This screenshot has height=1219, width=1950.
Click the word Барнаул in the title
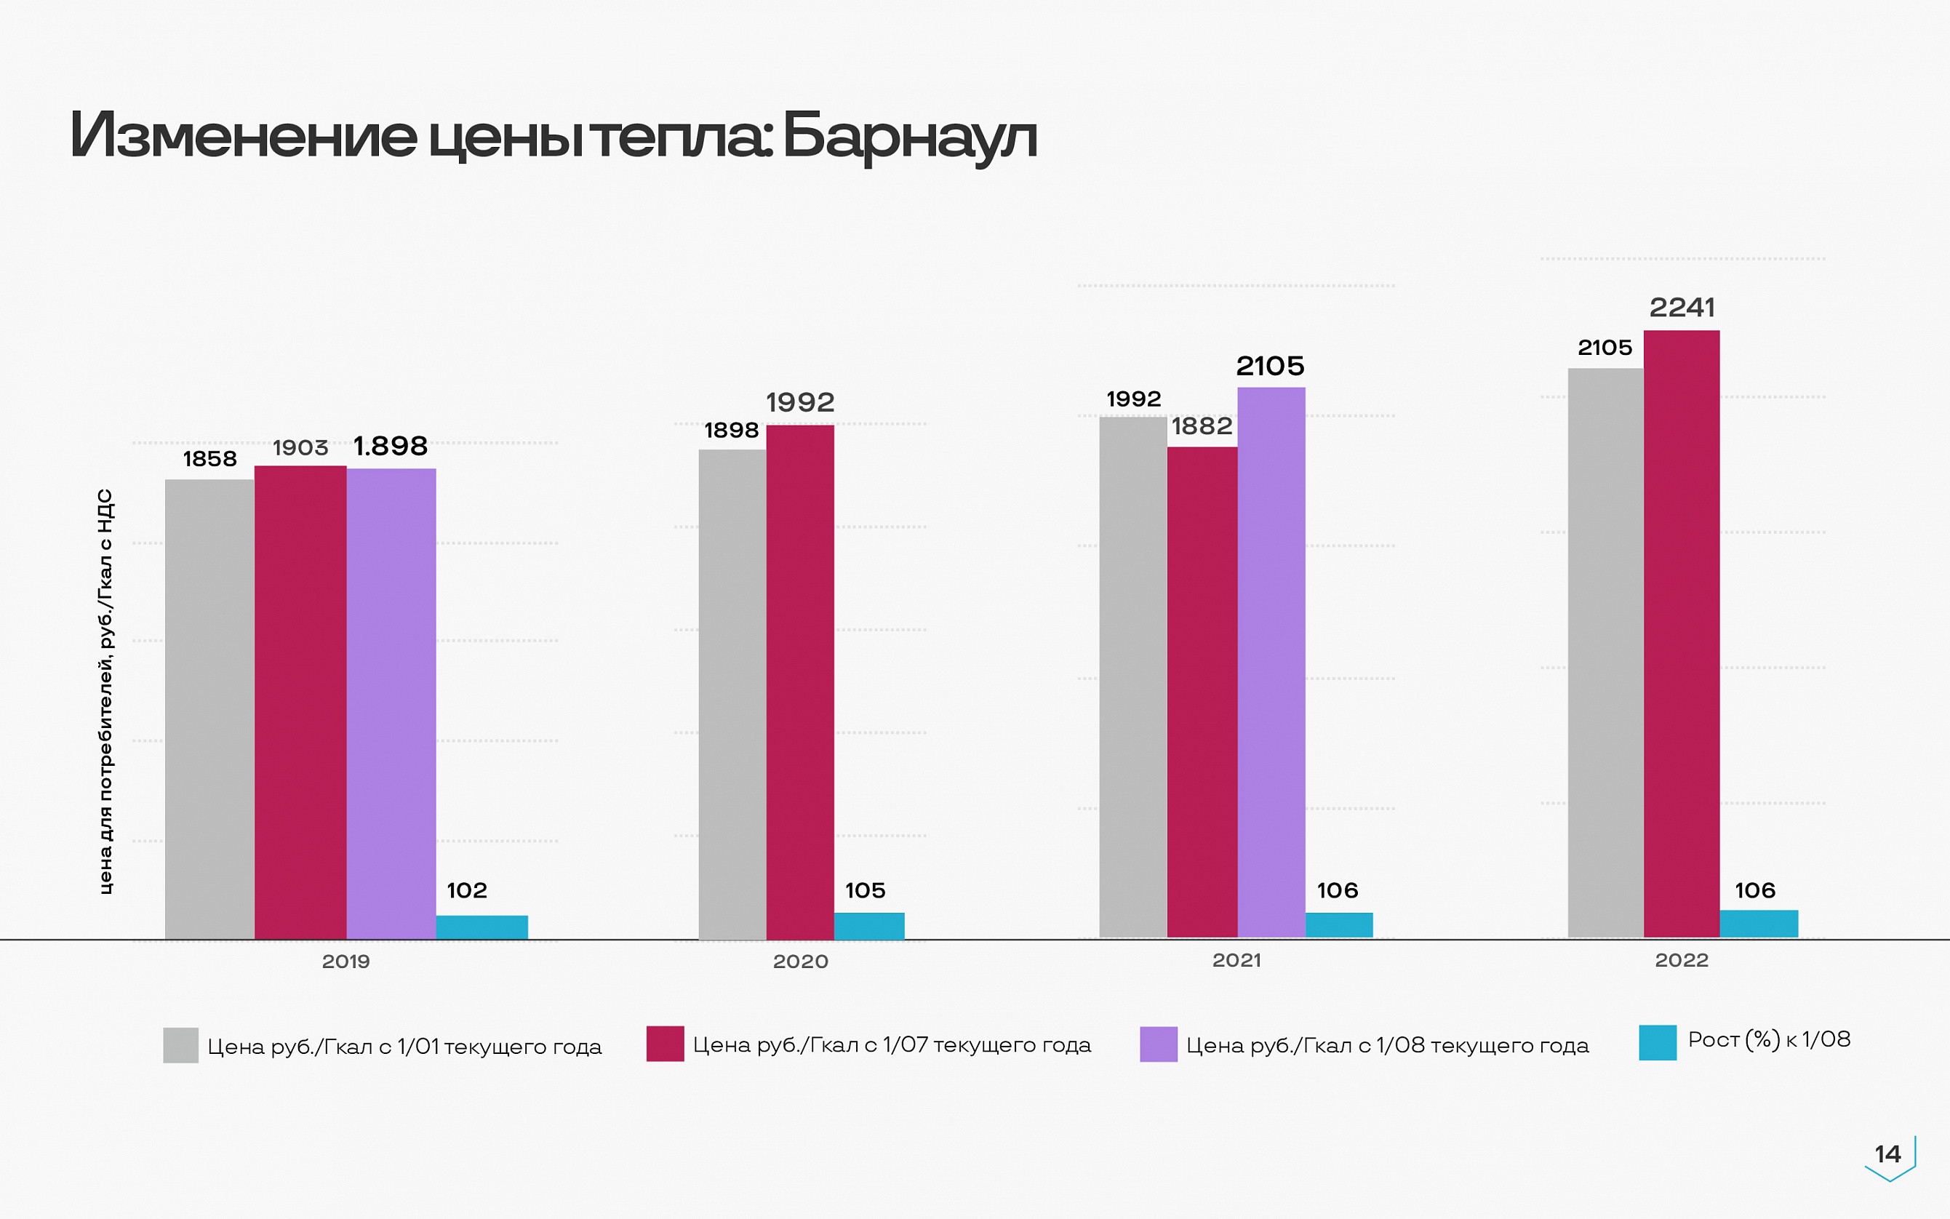908,136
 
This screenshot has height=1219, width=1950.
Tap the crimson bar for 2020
799,682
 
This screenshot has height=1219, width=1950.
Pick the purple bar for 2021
1271,661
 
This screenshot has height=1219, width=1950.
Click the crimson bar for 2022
1681,633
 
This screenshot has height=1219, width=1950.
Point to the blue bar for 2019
482,927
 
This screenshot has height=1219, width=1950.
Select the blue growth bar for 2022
1758,923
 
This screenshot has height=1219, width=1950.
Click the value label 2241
1682,307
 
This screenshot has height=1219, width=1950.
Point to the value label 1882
1201,425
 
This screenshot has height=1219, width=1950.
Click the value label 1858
209,459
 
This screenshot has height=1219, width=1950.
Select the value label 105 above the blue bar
865,890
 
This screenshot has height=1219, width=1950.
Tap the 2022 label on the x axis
1681,960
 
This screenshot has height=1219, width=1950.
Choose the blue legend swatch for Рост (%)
1658,1042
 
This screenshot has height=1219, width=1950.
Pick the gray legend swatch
180,1045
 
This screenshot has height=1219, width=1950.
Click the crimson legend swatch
665,1043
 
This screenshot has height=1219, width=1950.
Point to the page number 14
1887,1154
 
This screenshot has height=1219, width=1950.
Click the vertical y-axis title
105,691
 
